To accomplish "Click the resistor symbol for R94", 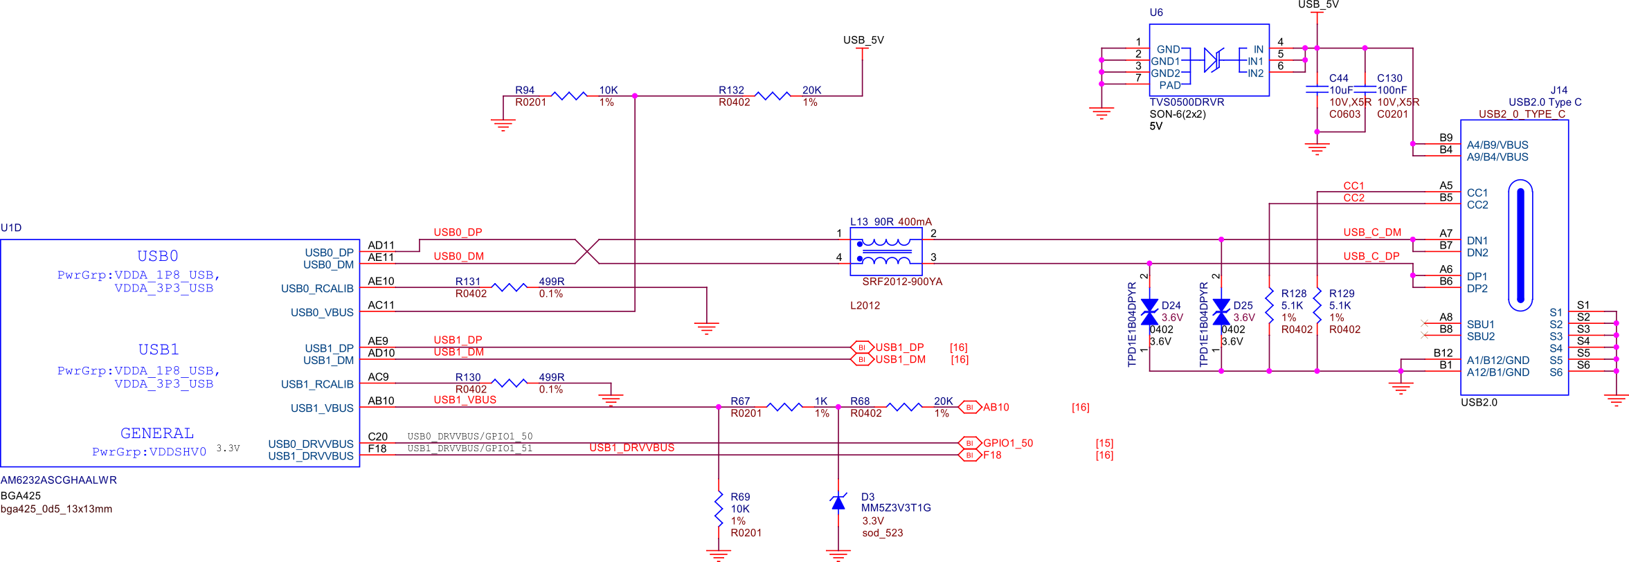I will [x=571, y=96].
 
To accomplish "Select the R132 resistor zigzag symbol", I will [x=772, y=96].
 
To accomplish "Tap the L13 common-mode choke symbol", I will [x=885, y=252].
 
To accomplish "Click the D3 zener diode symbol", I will [x=838, y=502].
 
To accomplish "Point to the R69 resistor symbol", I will [x=719, y=509].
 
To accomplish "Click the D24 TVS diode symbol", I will [x=1149, y=311].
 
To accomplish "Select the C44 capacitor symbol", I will [x=1317, y=89].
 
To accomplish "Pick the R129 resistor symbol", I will [x=1317, y=305].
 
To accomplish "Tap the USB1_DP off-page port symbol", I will [x=861, y=347].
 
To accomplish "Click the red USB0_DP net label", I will [x=458, y=232].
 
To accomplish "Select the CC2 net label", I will [x=1353, y=198].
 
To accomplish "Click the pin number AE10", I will [x=381, y=281].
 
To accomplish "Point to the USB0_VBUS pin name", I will [x=322, y=312].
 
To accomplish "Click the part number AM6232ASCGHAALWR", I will [x=59, y=480].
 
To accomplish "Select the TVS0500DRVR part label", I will [x=1187, y=102].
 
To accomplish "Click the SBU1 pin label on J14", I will [x=1480, y=324].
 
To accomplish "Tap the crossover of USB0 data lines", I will [x=587, y=251].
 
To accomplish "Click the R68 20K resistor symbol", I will [x=904, y=407].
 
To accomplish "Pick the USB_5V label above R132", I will [x=863, y=40].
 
